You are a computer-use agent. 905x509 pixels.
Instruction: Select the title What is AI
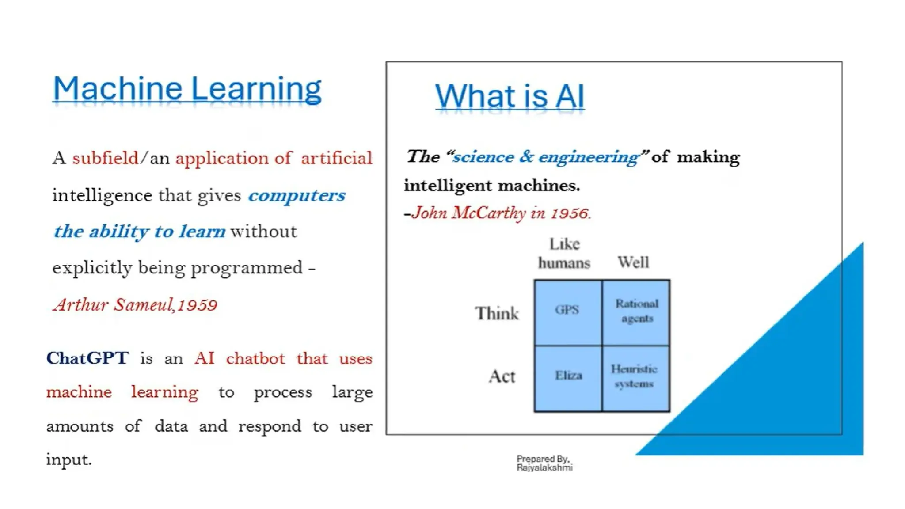click(510, 96)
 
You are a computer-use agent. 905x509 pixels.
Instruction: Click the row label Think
click(497, 314)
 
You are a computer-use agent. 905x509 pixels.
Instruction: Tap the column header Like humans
click(564, 254)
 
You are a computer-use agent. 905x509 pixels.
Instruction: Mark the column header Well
click(633, 262)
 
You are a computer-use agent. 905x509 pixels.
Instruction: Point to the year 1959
click(198, 305)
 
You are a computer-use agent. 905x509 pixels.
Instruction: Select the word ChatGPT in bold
click(87, 358)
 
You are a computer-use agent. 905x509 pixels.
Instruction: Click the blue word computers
click(297, 195)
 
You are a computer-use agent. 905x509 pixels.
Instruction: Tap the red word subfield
click(105, 158)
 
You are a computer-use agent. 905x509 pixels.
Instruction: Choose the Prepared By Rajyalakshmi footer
click(544, 463)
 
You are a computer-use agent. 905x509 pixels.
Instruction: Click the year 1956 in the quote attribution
click(570, 214)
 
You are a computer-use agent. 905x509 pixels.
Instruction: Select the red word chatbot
click(255, 358)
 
